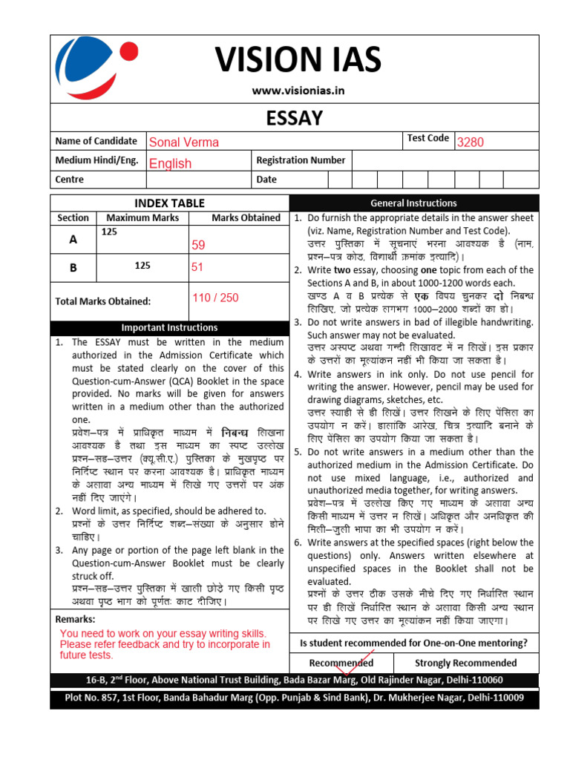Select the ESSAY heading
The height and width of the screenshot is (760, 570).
coord(295,118)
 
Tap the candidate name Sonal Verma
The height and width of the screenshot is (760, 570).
coord(183,142)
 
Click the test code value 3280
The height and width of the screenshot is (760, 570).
coord(470,142)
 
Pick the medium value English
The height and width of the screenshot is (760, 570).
coord(170,163)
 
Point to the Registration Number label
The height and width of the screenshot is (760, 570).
coord(301,160)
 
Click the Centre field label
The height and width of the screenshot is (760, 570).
coord(70,180)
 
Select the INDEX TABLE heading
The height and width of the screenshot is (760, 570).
coord(169,203)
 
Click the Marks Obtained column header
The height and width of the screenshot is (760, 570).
coord(246,217)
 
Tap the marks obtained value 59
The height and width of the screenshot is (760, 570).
coord(198,244)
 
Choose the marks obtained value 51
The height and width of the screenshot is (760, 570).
coord(197,268)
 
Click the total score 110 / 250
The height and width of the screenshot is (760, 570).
coord(215,298)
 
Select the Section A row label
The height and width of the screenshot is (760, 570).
coord(73,240)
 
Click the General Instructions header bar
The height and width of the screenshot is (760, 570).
coord(413,203)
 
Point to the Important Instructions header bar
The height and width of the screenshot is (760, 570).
coord(169,327)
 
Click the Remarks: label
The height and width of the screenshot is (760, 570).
coord(75,619)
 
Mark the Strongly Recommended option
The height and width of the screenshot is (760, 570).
coord(465,663)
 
